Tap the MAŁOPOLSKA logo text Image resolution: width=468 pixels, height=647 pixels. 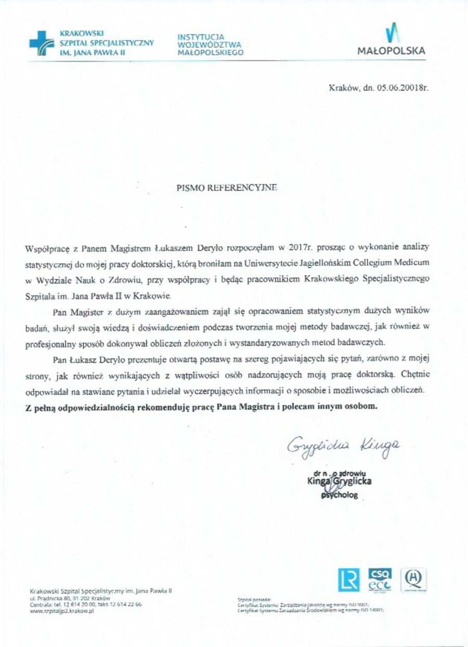[x=392, y=51]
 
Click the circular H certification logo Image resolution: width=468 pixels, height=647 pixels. [x=413, y=578]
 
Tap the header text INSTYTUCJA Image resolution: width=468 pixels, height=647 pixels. [x=200, y=37]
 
